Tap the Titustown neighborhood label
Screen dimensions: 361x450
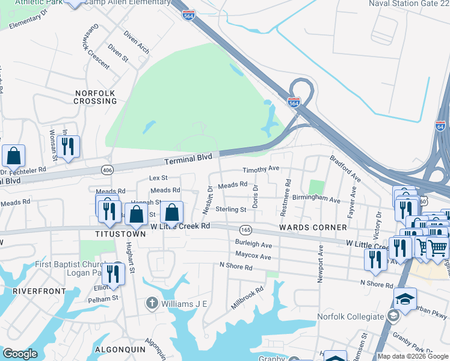point(120,234)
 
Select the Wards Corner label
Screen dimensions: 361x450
point(313,227)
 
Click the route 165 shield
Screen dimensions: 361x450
point(245,230)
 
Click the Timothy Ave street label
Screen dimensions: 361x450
point(261,169)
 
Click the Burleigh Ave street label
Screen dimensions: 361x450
point(253,245)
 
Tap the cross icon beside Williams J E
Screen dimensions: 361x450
point(152,303)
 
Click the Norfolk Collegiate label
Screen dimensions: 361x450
point(351,316)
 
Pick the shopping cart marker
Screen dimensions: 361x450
point(437,247)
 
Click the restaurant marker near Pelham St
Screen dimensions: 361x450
point(113,273)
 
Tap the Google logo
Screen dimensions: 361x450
point(20,354)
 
